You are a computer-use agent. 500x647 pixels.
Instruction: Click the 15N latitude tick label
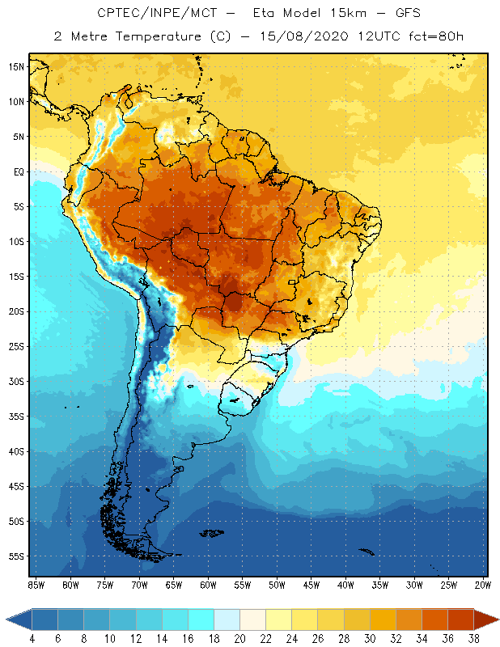pyautogui.click(x=16, y=66)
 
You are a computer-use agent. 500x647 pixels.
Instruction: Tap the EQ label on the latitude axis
pyautogui.click(x=16, y=171)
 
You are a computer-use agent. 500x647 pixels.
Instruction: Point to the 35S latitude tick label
pyautogui.click(x=16, y=416)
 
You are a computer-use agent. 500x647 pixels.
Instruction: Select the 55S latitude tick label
pyautogui.click(x=16, y=556)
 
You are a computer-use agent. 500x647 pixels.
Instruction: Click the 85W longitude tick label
pyautogui.click(x=36, y=584)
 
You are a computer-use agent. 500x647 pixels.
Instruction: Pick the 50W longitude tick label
pyautogui.click(x=277, y=584)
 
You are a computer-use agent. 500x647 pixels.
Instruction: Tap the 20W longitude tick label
pyautogui.click(x=483, y=584)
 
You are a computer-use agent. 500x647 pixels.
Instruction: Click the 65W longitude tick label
pyautogui.click(x=173, y=584)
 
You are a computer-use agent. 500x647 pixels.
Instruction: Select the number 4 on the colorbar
pyautogui.click(x=32, y=638)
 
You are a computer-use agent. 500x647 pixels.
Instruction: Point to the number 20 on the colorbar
pyautogui.click(x=240, y=638)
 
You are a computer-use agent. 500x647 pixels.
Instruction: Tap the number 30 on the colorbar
pyautogui.click(x=370, y=638)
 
